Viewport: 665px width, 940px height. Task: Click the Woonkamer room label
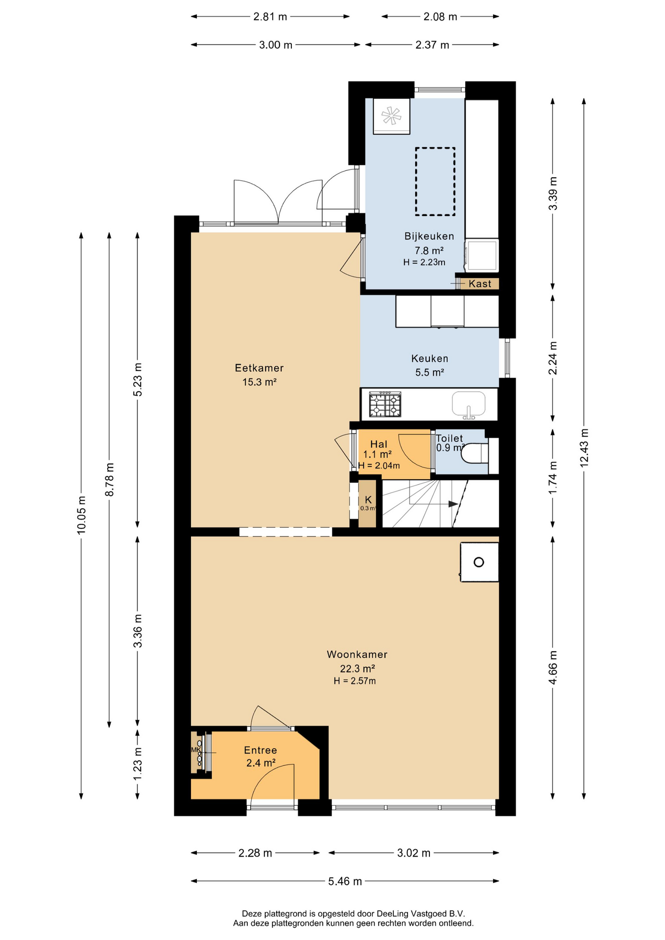[x=357, y=655]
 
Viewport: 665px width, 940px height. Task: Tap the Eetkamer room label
[x=259, y=368]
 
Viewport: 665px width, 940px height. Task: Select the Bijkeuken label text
[x=429, y=236]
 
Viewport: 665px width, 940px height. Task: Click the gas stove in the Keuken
[x=385, y=404]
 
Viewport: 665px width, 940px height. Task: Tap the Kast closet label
[x=480, y=283]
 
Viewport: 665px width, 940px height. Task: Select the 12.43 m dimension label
[x=584, y=448]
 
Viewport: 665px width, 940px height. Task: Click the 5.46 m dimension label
[x=345, y=881]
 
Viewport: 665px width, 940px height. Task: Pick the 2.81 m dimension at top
[x=270, y=17]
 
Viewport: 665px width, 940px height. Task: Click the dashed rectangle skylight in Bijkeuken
[x=435, y=182]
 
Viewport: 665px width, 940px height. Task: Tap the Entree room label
[x=261, y=751]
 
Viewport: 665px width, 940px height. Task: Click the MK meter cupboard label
[x=196, y=750]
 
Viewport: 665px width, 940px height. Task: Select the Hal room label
[x=379, y=444]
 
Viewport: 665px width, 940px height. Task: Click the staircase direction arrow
[x=434, y=504]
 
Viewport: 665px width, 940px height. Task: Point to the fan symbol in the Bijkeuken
[x=391, y=116]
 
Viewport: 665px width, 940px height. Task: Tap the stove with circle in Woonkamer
[x=479, y=562]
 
